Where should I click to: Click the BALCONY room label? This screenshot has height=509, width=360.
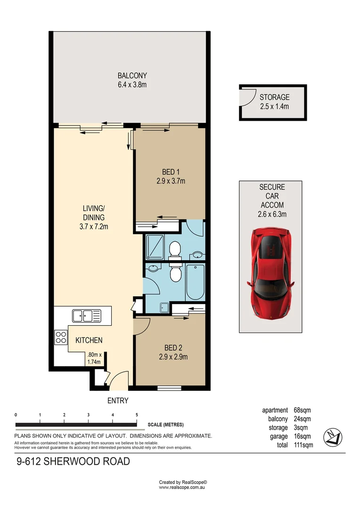pos(132,75)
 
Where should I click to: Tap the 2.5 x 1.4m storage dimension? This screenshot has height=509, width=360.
pos(274,107)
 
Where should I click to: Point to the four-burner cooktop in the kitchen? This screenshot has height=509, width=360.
pos(61,337)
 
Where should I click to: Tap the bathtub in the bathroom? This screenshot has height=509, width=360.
pos(195,282)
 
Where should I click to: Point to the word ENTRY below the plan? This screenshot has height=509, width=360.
pos(118,401)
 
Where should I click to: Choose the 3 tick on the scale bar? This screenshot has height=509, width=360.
pos(89,415)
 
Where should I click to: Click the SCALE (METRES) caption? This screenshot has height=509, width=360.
pos(165,425)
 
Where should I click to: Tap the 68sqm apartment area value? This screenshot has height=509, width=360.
pos(302,410)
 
